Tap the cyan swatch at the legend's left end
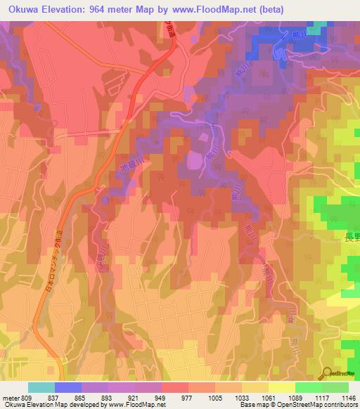(x=41, y=387)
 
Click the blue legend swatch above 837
(x=68, y=387)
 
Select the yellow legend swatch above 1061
(x=281, y=387)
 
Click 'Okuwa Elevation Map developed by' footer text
(x=46, y=405)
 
